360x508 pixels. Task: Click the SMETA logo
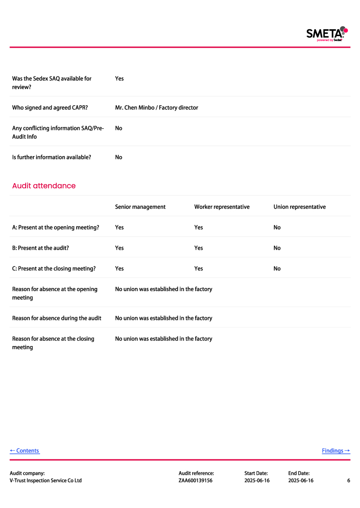pyautogui.click(x=327, y=34)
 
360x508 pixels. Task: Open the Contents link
pyautogui.click(x=25, y=451)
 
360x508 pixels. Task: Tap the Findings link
pyautogui.click(x=336, y=451)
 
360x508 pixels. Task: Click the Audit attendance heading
pyautogui.click(x=44, y=186)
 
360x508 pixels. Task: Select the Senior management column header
pyautogui.click(x=140, y=207)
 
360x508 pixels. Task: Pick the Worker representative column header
pyautogui.click(x=221, y=207)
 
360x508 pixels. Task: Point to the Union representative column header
pyautogui.click(x=299, y=207)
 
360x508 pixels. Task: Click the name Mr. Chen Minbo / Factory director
pyautogui.click(x=156, y=108)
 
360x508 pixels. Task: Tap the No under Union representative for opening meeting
pyautogui.click(x=277, y=228)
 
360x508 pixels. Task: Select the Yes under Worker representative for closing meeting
pyautogui.click(x=198, y=269)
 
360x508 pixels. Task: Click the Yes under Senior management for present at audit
pyautogui.click(x=119, y=248)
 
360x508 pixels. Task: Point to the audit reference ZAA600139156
pyautogui.click(x=195, y=481)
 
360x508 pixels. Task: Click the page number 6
pyautogui.click(x=348, y=481)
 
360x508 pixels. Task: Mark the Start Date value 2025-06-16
pyautogui.click(x=256, y=481)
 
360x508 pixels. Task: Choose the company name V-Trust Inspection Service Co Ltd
pyautogui.click(x=45, y=481)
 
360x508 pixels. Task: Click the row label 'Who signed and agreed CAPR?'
pyautogui.click(x=49, y=108)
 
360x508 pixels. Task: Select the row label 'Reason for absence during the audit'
pyautogui.click(x=56, y=318)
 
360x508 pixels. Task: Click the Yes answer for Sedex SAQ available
pyautogui.click(x=119, y=79)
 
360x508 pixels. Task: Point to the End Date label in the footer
pyautogui.click(x=299, y=473)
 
